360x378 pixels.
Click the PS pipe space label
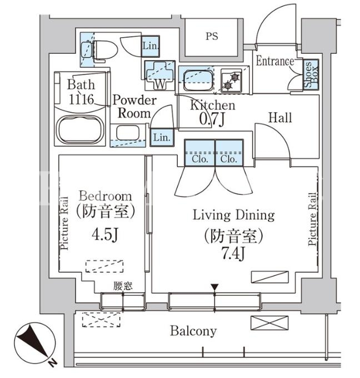click(212, 37)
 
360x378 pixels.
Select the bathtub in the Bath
click(80, 129)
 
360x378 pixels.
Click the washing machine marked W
click(160, 75)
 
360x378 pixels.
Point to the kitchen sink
click(198, 80)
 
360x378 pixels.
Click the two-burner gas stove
click(232, 80)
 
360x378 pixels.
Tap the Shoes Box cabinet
click(311, 74)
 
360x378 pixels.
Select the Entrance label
click(275, 61)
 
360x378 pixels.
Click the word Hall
click(280, 118)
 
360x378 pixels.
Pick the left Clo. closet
click(200, 153)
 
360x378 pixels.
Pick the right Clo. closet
click(229, 153)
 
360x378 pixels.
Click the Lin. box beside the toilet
click(151, 46)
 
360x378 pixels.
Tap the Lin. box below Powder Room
click(162, 138)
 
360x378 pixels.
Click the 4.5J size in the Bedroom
click(104, 234)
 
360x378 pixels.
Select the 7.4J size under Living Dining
click(233, 254)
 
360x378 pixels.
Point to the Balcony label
click(193, 331)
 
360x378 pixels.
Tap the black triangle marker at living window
click(214, 287)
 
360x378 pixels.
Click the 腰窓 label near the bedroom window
click(123, 286)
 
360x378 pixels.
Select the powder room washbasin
click(128, 132)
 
